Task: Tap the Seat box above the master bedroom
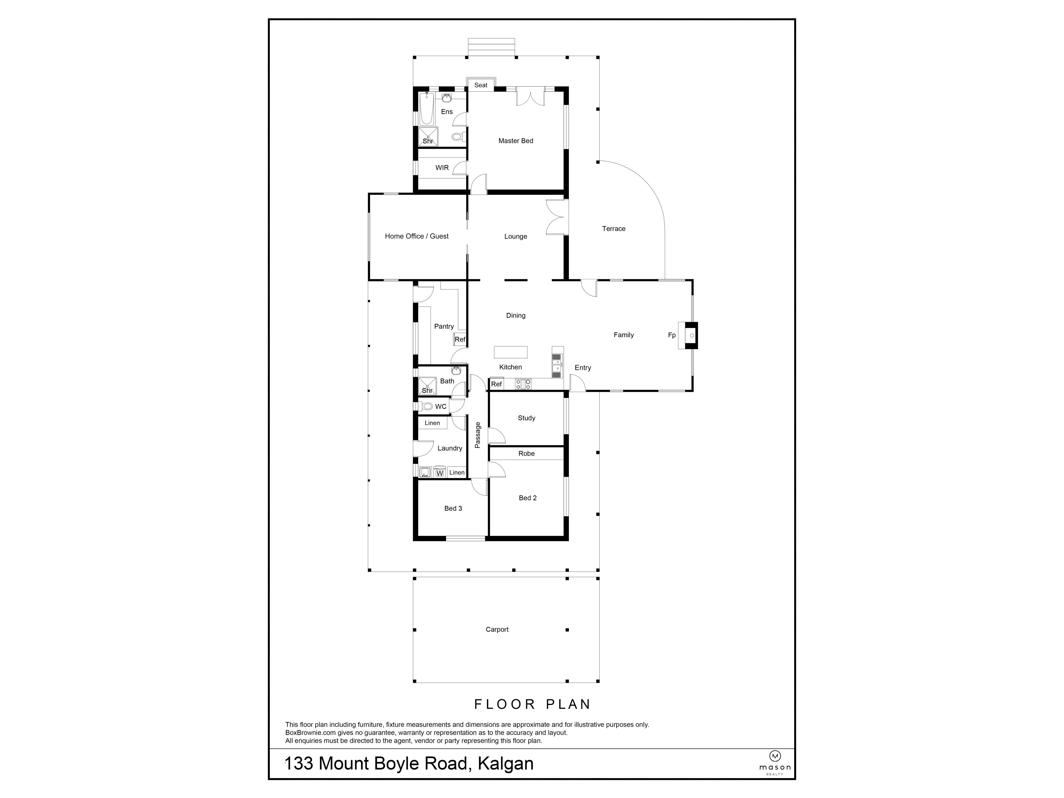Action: click(x=480, y=85)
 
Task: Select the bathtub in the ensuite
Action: click(x=426, y=109)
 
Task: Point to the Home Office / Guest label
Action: click(x=416, y=236)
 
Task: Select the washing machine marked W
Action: click(x=439, y=473)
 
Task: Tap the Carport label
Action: click(x=497, y=629)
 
